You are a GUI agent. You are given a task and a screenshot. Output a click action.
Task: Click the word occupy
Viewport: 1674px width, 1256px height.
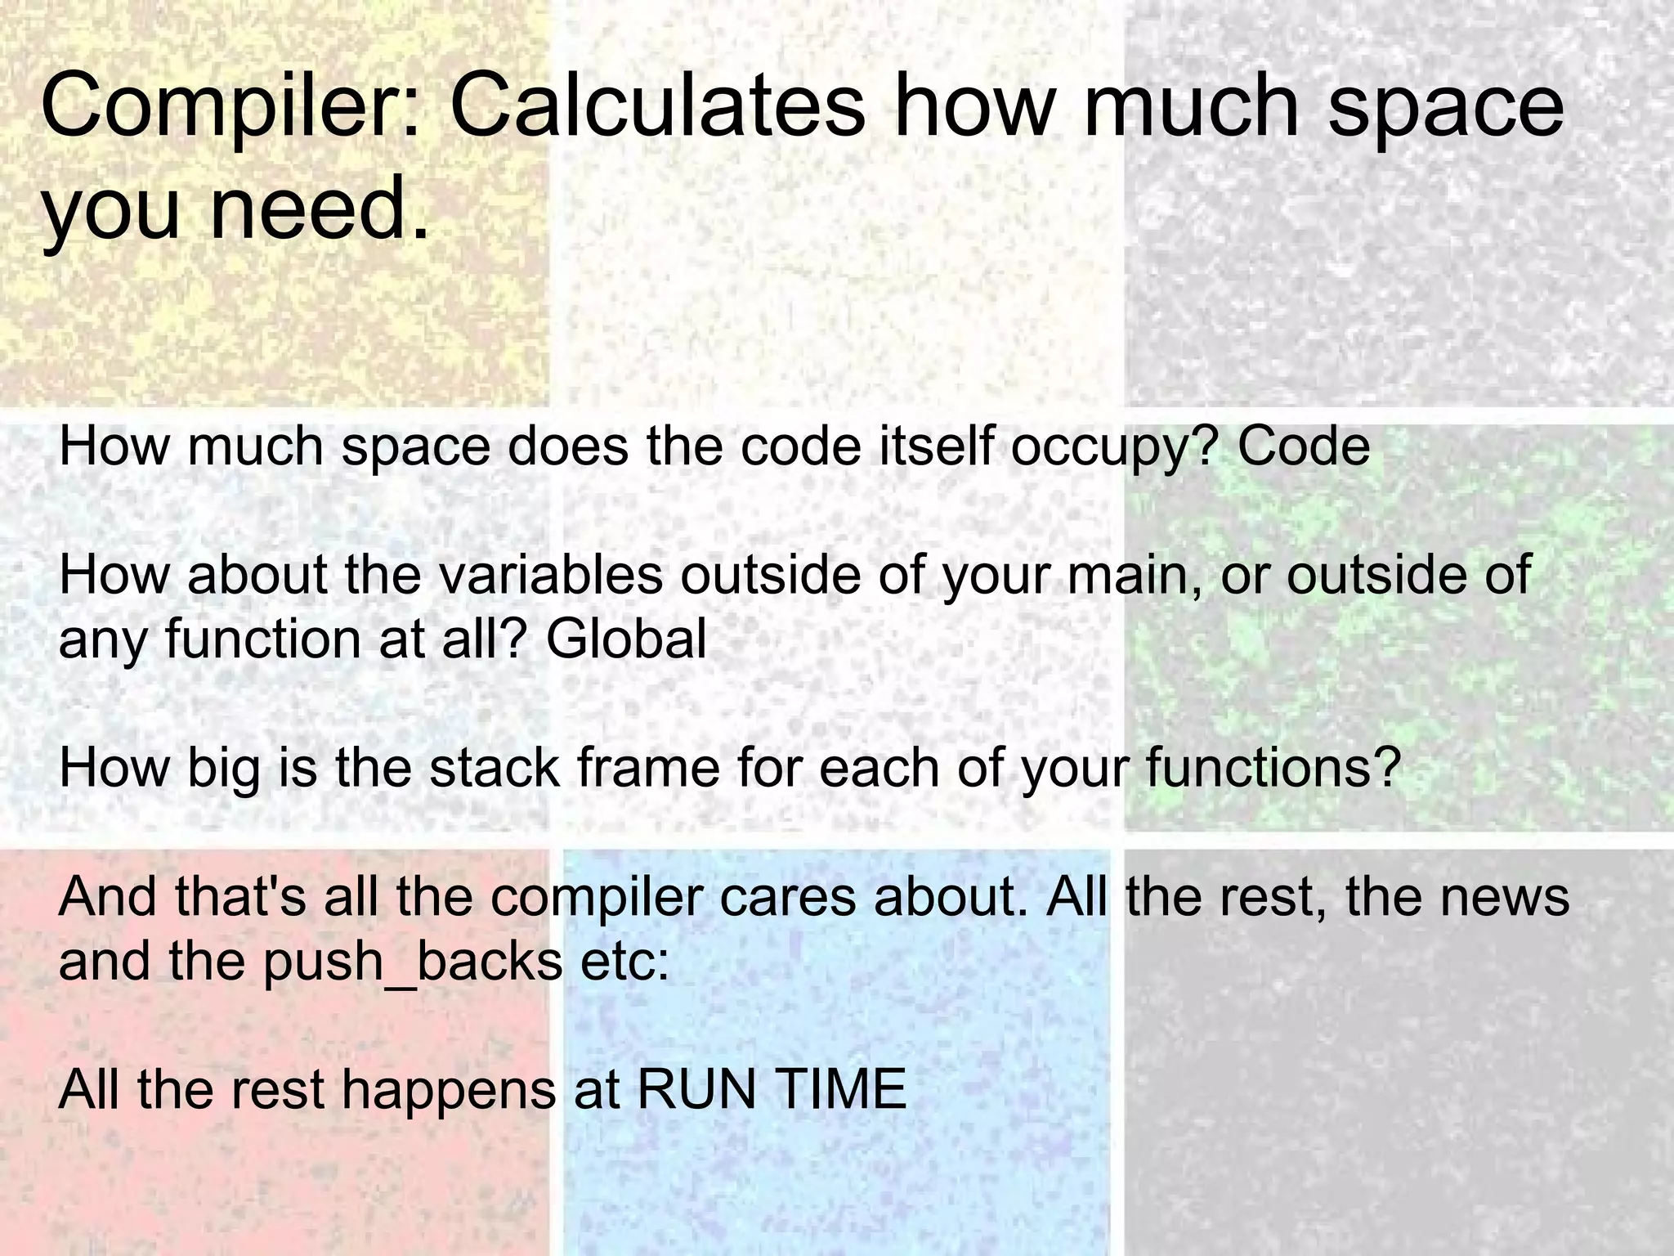tap(1099, 448)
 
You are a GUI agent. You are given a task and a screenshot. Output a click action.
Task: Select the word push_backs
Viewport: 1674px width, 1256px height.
tap(413, 962)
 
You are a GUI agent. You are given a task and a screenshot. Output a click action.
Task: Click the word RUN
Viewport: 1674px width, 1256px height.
tap(696, 1089)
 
